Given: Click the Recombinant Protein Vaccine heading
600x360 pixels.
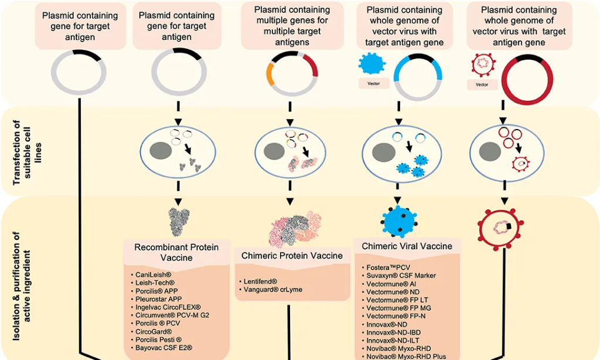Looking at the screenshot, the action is tap(176, 252).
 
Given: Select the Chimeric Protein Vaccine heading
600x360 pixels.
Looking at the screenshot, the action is tap(292, 256).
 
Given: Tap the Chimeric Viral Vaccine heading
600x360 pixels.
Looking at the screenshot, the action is tap(407, 246).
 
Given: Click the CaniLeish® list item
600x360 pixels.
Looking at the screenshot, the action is tap(153, 274).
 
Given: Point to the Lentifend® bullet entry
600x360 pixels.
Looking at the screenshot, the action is tap(260, 281).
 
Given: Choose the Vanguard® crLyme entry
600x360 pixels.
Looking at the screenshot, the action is tap(273, 290).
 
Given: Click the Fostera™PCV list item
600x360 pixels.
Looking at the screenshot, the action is tap(388, 267).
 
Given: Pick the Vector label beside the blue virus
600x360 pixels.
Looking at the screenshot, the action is tap(373, 83).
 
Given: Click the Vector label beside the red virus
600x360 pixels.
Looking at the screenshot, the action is tap(482, 84).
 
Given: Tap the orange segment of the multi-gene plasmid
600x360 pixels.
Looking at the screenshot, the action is tap(270, 74).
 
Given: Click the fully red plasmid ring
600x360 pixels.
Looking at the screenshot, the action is tap(527, 80).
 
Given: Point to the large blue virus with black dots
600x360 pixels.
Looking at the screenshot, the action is tap(398, 222).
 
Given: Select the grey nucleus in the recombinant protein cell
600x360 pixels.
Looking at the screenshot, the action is tap(161, 151).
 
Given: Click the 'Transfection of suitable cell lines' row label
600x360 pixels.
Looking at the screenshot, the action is tap(27, 152).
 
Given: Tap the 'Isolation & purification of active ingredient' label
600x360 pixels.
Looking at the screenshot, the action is tap(22, 286).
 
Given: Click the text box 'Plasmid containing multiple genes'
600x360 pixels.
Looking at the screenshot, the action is tap(292, 26).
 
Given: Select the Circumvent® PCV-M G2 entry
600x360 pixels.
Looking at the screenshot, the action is tap(172, 315).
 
